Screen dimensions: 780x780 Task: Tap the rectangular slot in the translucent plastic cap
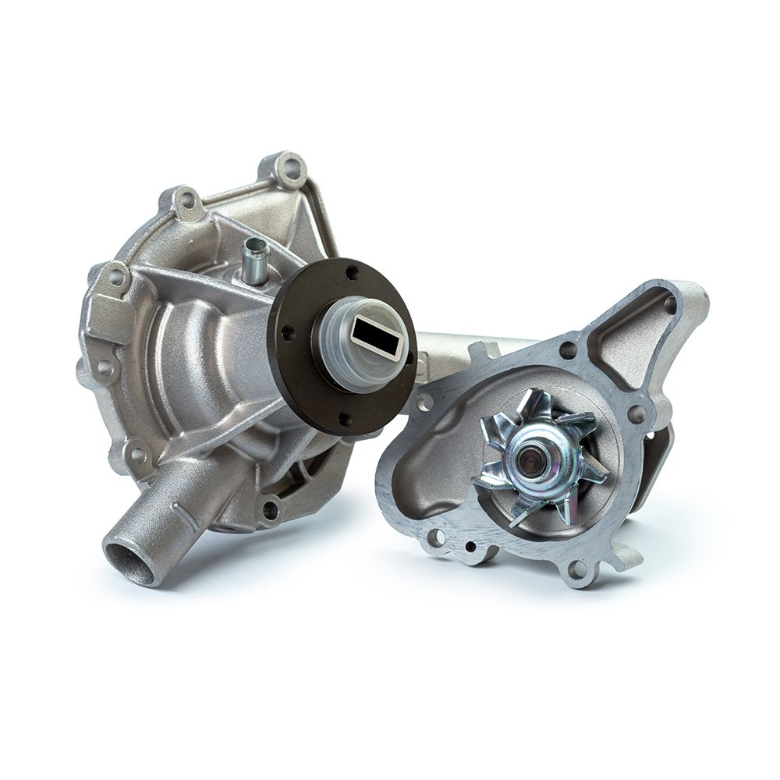tap(374, 335)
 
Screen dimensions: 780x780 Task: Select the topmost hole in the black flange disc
tap(352, 271)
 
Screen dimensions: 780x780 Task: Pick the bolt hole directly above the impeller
tap(568, 350)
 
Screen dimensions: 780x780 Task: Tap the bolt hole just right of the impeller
tap(636, 413)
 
